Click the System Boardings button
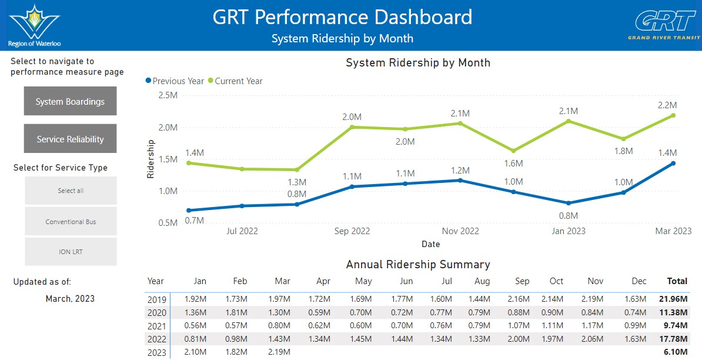coord(71,101)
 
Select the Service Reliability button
coord(71,139)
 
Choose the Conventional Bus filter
coord(71,221)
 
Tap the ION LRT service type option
coord(71,252)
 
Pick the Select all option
coord(71,191)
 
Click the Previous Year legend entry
coord(175,81)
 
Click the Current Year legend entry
coord(235,81)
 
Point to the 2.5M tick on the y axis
coord(168,95)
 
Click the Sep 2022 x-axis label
coord(352,232)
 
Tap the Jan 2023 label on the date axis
coord(568,232)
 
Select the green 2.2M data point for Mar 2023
coord(673,115)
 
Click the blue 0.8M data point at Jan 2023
coord(569,204)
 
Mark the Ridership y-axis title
coord(151,159)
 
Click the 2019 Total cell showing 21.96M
coord(673,299)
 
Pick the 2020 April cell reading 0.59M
coord(319,312)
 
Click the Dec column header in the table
coord(639,281)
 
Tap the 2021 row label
coord(157,326)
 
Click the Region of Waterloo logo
coord(35,25)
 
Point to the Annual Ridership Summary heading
coord(418,265)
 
